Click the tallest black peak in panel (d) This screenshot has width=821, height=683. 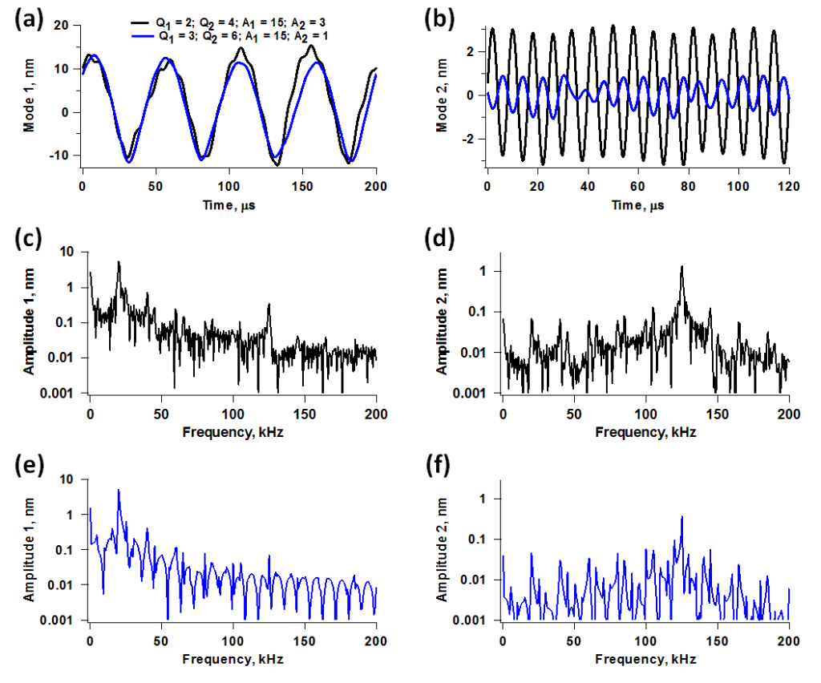click(681, 267)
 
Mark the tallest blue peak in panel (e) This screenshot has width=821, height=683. click(119, 490)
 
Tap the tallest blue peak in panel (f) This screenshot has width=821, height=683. click(681, 518)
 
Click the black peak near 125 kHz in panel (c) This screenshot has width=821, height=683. click(269, 305)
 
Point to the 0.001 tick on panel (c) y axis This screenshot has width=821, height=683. click(66, 393)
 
